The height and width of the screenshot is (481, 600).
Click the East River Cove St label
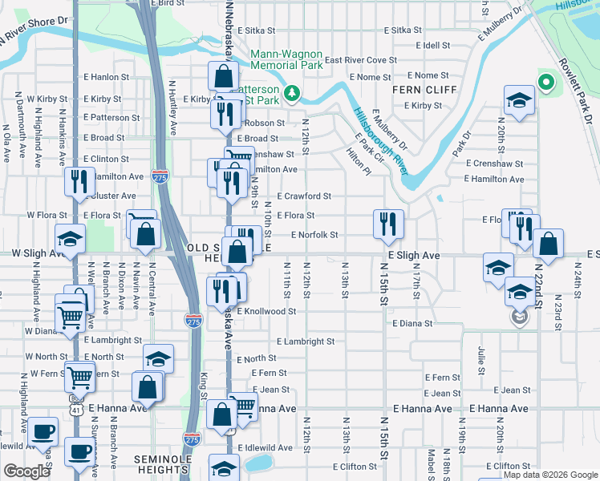361,60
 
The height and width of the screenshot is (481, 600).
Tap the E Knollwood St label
266,311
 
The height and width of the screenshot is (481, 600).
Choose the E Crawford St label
304,196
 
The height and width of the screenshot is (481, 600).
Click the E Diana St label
412,324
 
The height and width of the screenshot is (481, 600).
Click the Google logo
26,471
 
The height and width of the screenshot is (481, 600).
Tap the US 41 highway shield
75,410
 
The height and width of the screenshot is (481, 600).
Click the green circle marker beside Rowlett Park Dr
545,82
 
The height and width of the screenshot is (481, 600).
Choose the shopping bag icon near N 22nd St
547,245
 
